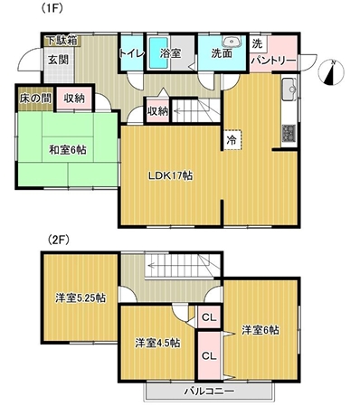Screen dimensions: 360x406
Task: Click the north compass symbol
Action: pyautogui.click(x=332, y=72)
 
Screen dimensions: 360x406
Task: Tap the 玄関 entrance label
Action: pyautogui.click(x=59, y=60)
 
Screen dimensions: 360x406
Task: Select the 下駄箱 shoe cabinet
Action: pyautogui.click(x=62, y=41)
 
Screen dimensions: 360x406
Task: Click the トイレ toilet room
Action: pyautogui.click(x=131, y=53)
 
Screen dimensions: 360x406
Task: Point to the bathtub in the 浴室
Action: pyautogui.click(x=159, y=52)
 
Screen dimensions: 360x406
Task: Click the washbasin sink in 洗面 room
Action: pyautogui.click(x=232, y=41)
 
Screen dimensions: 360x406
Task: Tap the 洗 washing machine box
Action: pyautogui.click(x=258, y=44)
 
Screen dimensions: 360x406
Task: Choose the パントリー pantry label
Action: pyautogui.click(x=274, y=61)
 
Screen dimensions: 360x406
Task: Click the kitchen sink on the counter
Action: pyautogui.click(x=289, y=90)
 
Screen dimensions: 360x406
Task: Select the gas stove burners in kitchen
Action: pyautogui.click(x=289, y=133)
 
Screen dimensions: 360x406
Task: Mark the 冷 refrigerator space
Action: pyautogui.click(x=232, y=139)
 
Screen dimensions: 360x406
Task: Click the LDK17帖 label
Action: pyautogui.click(x=170, y=175)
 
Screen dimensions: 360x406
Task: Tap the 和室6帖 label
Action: pyautogui.click(x=68, y=150)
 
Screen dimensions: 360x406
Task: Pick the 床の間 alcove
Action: pyautogui.click(x=35, y=99)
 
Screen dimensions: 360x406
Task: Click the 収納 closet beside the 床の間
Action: pyautogui.click(x=74, y=99)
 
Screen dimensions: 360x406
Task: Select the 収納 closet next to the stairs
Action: pyautogui.click(x=157, y=111)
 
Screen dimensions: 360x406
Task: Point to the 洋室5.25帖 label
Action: pyautogui.click(x=81, y=298)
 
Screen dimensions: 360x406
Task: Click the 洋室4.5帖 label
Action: pyautogui.click(x=157, y=343)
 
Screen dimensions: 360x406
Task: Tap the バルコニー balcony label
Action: pyautogui.click(x=209, y=392)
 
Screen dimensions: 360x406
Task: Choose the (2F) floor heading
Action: pyautogui.click(x=59, y=240)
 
